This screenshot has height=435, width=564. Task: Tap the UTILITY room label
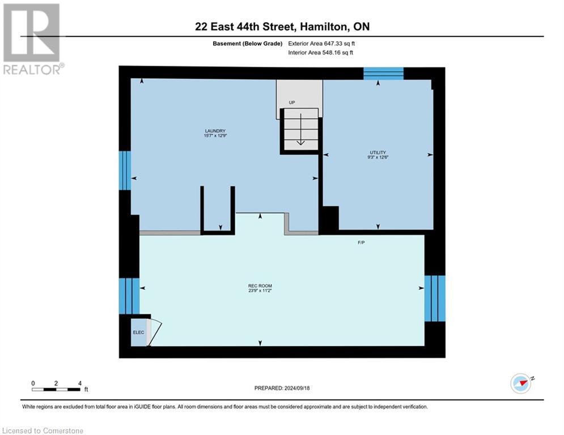point(378,152)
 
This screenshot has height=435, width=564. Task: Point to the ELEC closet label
point(138,332)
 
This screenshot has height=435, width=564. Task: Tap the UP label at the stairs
point(292,103)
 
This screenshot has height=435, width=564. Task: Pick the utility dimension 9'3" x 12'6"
point(378,157)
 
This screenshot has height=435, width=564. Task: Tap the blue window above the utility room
point(383,74)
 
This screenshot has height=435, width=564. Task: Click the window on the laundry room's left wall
point(125,170)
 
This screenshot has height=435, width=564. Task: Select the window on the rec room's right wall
point(435,298)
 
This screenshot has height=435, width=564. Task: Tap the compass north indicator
point(521,383)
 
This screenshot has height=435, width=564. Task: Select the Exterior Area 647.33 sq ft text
point(321,43)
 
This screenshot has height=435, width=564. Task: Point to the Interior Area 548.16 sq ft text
point(321,53)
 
